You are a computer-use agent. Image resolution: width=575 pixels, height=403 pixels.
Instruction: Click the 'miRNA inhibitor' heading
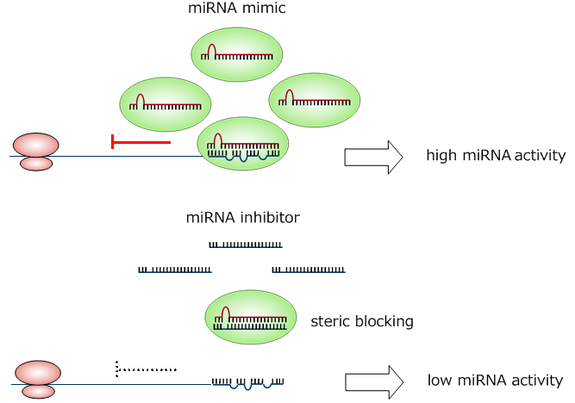[243, 218]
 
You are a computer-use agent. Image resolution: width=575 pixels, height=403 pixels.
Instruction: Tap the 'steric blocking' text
[361, 321]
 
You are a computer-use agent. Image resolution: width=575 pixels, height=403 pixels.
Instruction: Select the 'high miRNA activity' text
[495, 156]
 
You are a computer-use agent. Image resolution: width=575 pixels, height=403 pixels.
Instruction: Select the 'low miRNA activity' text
[495, 380]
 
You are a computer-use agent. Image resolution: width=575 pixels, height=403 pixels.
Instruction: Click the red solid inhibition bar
[141, 141]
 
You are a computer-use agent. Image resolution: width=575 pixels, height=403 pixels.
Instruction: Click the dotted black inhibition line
[146, 369]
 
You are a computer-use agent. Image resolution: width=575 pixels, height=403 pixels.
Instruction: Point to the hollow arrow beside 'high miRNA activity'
[373, 157]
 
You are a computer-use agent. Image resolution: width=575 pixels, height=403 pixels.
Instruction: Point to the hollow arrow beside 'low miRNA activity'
[373, 381]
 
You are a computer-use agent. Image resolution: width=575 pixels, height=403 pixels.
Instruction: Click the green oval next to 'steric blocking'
[251, 317]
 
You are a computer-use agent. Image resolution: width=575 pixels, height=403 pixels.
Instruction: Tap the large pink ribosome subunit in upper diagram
[35, 145]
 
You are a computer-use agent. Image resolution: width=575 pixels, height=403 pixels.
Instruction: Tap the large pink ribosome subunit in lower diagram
[37, 373]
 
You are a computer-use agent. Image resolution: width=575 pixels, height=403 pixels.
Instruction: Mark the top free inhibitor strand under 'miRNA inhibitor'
[246, 245]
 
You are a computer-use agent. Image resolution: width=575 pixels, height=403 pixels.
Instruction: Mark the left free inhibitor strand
[175, 270]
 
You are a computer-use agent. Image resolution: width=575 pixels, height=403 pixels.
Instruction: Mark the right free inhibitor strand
[309, 270]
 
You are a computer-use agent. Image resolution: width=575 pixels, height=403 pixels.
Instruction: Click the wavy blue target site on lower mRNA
[247, 381]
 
